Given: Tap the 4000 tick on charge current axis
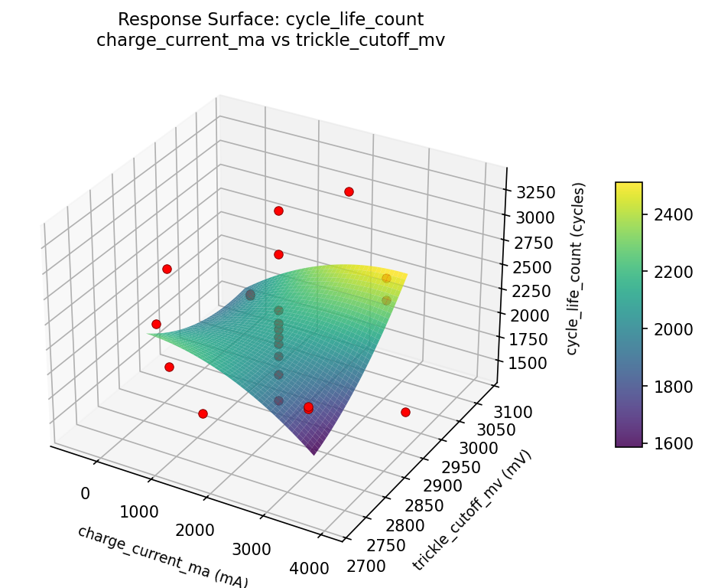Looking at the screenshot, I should [310, 568].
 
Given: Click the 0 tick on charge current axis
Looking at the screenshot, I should [85, 493].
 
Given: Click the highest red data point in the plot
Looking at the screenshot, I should [349, 191].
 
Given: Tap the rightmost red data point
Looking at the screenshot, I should [405, 412].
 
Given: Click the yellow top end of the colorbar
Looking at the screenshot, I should [629, 186].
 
